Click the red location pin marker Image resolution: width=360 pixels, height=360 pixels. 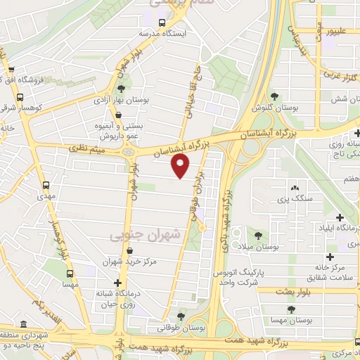tap(181, 167)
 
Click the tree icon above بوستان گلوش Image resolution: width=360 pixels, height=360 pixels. tap(275, 96)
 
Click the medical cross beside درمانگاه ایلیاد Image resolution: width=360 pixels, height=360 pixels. tap(340, 219)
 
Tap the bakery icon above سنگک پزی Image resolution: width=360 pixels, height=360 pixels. tap(294, 188)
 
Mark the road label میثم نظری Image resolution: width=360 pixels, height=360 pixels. tap(88, 148)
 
